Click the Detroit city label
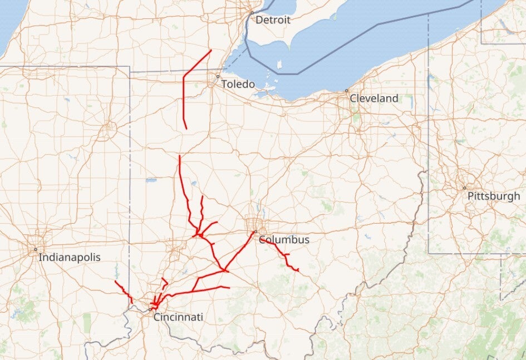pyautogui.click(x=273, y=20)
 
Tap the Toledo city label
pyautogui.click(x=238, y=85)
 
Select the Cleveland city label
pyautogui.click(x=374, y=98)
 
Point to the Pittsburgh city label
pyautogui.click(x=494, y=196)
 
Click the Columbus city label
pyautogui.click(x=284, y=240)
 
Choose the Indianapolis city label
pyautogui.click(x=70, y=258)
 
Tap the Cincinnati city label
pyautogui.click(x=178, y=317)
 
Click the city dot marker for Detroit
pyautogui.click(x=252, y=13)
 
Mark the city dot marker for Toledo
pyautogui.click(x=218, y=76)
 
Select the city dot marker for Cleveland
pyautogui.click(x=346, y=91)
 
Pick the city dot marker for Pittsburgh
pyautogui.click(x=465, y=188)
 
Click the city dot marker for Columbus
pyautogui.click(x=255, y=232)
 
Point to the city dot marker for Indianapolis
pyautogui.click(x=35, y=249)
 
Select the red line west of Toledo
pyautogui.click(x=184, y=95)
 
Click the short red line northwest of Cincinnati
pyautogui.click(x=124, y=290)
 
